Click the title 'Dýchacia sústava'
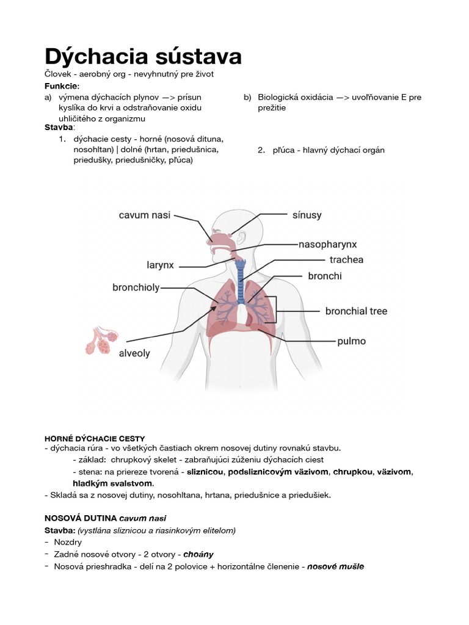143,56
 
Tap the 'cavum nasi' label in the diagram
145,215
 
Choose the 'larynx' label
160,266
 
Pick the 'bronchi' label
325,276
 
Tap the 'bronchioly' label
136,287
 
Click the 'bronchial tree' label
356,311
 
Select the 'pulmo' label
352,341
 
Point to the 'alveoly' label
134,353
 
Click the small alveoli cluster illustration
100,341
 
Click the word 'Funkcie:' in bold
62,85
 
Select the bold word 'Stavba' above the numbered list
58,127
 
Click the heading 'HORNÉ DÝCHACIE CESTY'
95,438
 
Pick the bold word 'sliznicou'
205,472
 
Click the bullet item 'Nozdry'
68,542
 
